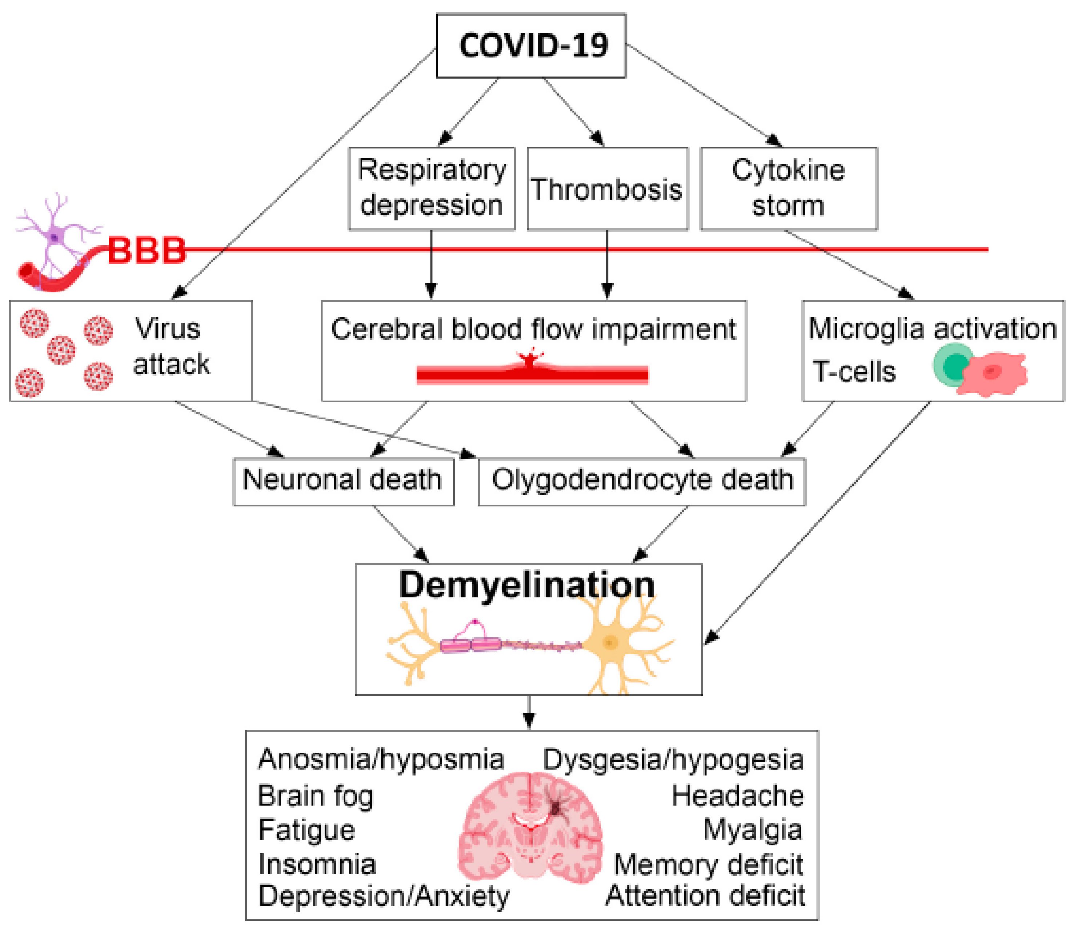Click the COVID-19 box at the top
pyautogui.click(x=531, y=46)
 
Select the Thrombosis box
pyautogui.click(x=607, y=188)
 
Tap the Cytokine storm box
pyautogui.click(x=789, y=188)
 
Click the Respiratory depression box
pyautogui.click(x=432, y=188)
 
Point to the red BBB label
pyautogui.click(x=147, y=250)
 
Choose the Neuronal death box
pyautogui.click(x=343, y=481)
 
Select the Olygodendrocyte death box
pyautogui.click(x=642, y=481)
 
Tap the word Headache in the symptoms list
pyautogui.click(x=737, y=796)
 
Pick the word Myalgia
pyautogui.click(x=752, y=829)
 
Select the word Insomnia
pyautogui.click(x=317, y=864)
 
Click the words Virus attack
pyautogui.click(x=171, y=346)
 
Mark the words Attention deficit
pyautogui.click(x=705, y=896)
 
